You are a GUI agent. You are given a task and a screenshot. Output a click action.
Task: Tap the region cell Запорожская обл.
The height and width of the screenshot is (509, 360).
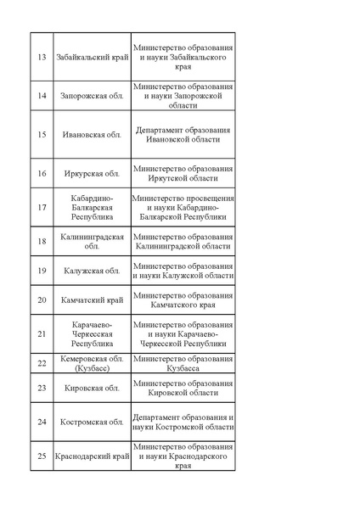coord(92,95)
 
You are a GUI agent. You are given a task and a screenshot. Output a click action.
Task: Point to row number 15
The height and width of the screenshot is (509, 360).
coord(42,134)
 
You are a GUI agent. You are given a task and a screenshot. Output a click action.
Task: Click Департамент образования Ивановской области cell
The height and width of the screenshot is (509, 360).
coord(183,134)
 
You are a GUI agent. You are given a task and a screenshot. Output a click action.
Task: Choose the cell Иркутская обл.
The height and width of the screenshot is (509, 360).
coord(92,174)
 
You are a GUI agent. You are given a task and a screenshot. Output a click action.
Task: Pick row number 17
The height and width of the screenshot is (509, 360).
coord(42,207)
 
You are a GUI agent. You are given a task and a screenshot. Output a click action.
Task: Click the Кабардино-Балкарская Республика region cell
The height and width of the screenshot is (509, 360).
coord(92,207)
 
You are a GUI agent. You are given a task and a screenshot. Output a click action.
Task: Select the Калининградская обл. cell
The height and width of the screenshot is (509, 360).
coord(92,241)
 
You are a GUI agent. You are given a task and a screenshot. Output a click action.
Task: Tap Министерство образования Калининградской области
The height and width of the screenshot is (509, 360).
coord(183,241)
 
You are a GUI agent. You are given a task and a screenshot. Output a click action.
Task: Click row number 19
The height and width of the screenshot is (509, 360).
coord(42,271)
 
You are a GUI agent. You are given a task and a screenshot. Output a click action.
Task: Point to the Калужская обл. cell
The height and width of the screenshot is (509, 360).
coord(92,271)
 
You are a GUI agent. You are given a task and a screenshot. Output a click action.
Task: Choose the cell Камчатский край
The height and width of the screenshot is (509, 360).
coord(92,300)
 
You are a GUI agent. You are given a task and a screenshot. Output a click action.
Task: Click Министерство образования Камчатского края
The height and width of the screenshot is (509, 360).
coord(183,300)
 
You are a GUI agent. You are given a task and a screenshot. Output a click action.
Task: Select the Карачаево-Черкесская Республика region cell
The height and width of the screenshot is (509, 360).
coord(92,334)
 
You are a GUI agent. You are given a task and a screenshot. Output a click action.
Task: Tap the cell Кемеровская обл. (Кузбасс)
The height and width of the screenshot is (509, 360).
coord(92,364)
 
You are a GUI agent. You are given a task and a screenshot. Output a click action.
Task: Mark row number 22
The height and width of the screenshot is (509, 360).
coord(42,364)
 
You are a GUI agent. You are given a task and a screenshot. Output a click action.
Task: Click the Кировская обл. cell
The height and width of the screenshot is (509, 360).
coord(92,388)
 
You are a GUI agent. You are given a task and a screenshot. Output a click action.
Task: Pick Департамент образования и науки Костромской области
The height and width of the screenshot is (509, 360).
coord(183,422)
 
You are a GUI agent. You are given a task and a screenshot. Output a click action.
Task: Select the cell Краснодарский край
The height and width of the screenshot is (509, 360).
coord(92,456)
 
